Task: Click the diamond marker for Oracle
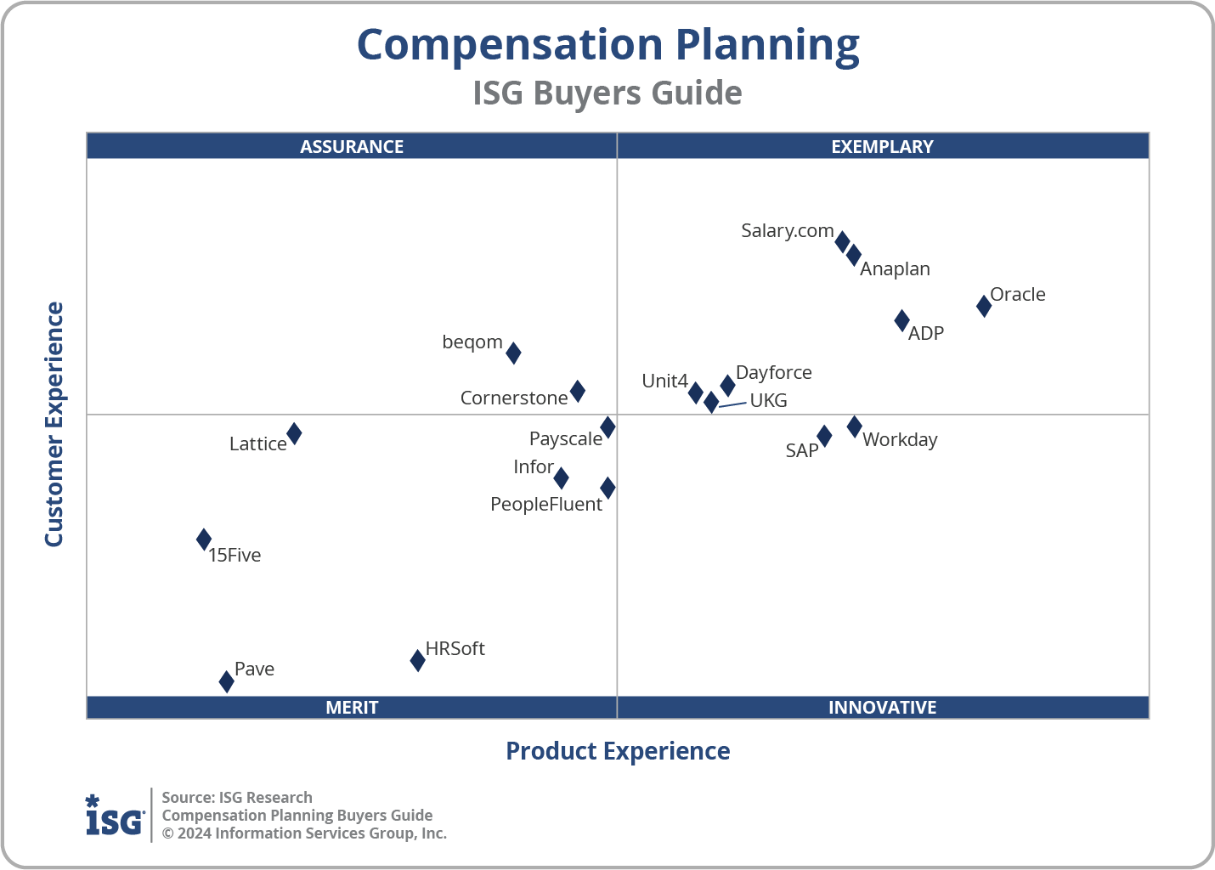click(983, 306)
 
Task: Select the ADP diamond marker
click(901, 321)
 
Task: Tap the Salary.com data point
click(842, 241)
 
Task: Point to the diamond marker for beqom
click(513, 353)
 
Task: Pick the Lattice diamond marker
click(294, 434)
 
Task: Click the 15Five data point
click(204, 540)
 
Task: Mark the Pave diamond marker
click(226, 681)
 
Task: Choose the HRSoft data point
click(417, 660)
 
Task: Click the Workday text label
click(900, 440)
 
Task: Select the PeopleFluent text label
click(546, 505)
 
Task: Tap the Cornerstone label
click(514, 398)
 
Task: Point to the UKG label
click(768, 401)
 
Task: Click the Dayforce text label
click(773, 373)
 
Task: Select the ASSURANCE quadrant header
click(352, 146)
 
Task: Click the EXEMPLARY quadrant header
click(882, 146)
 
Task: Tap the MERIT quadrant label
click(352, 708)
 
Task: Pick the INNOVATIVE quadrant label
click(882, 708)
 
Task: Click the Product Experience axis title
click(618, 751)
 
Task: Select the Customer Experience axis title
click(54, 425)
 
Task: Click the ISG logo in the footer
click(115, 816)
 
